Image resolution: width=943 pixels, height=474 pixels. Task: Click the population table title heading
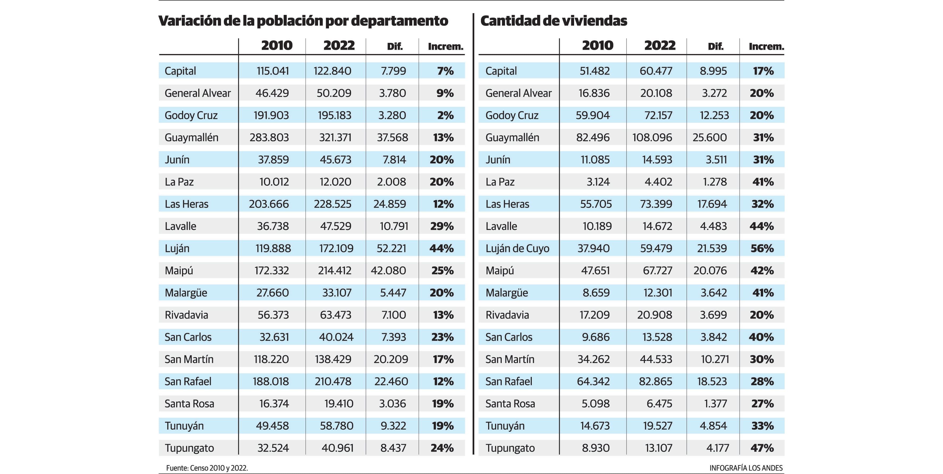pyautogui.click(x=303, y=21)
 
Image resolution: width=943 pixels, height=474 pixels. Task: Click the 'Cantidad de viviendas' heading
pyautogui.click(x=554, y=21)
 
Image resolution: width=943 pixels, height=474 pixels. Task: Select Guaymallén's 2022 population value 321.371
pyautogui.click(x=335, y=138)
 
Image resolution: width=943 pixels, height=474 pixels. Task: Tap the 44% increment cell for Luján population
pyautogui.click(x=442, y=249)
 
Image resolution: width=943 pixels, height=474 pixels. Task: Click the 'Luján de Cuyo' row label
pyautogui.click(x=517, y=249)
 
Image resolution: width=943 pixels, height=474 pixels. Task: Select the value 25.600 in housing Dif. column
pyautogui.click(x=710, y=138)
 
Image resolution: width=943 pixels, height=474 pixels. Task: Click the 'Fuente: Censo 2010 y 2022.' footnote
pyautogui.click(x=207, y=468)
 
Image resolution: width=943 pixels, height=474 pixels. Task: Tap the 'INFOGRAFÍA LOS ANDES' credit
pyautogui.click(x=746, y=468)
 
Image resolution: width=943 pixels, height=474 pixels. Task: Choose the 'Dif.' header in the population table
pyautogui.click(x=395, y=47)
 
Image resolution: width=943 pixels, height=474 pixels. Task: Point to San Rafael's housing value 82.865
pyautogui.click(x=655, y=381)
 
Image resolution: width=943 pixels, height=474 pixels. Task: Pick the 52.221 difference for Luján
pyautogui.click(x=391, y=249)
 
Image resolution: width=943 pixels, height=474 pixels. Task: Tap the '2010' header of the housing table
pyautogui.click(x=598, y=46)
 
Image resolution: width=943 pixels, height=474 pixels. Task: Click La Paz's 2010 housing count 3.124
pyautogui.click(x=598, y=182)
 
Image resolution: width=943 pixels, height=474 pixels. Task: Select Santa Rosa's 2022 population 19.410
pyautogui.click(x=339, y=404)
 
